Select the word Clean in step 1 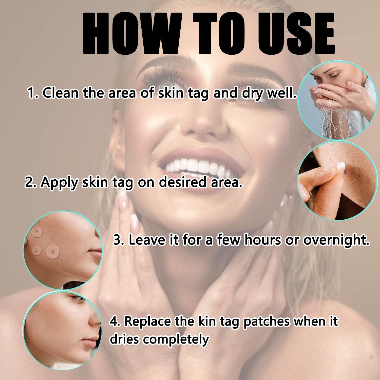61,93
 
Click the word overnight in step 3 336,240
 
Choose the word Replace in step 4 147,321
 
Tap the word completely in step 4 176,339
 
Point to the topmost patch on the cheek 38,232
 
